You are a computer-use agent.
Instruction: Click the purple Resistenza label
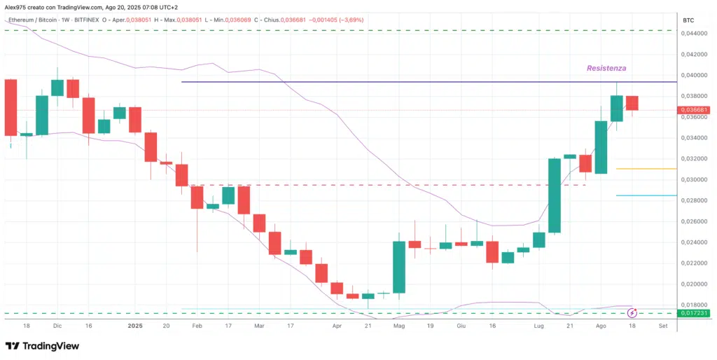click(x=606, y=68)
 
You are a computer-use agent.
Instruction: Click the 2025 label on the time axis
click(x=136, y=326)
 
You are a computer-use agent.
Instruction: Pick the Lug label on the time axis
click(x=538, y=326)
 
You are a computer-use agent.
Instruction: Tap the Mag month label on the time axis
click(x=399, y=326)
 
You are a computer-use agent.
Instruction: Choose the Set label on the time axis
click(x=662, y=326)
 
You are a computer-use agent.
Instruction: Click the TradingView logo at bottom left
click(x=42, y=346)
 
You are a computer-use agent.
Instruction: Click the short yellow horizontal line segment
click(x=655, y=169)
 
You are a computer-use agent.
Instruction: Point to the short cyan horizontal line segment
click(x=655, y=195)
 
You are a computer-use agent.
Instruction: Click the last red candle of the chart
click(x=632, y=103)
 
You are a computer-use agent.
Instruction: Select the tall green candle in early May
click(x=399, y=267)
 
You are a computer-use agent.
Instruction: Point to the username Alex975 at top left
click(x=15, y=6)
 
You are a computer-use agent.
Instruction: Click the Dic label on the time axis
click(x=57, y=326)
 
